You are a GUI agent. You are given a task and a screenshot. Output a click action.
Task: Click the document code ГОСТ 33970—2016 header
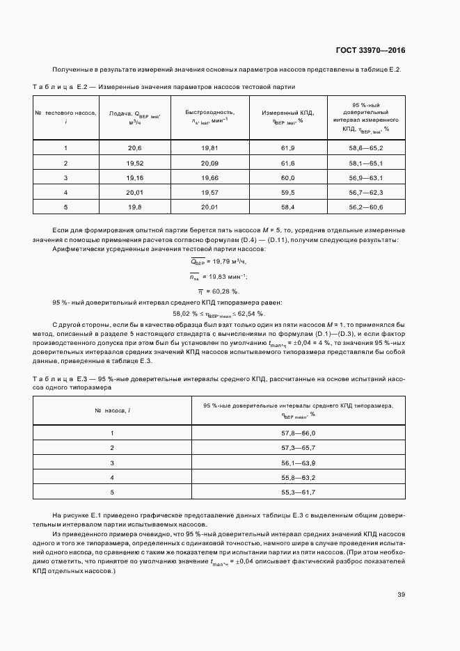pyautogui.click(x=371, y=51)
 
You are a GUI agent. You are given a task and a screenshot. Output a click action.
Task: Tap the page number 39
pyautogui.click(x=401, y=595)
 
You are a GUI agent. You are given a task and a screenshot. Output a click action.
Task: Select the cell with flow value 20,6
pyautogui.click(x=134, y=149)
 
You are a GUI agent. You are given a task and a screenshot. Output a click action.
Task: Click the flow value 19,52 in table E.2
pyautogui.click(x=134, y=163)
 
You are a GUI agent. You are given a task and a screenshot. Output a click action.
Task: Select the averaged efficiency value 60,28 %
pyautogui.click(x=219, y=291)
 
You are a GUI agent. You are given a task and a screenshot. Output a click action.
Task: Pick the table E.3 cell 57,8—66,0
pyautogui.click(x=299, y=434)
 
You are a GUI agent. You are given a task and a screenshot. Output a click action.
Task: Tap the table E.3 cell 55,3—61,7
pyautogui.click(x=299, y=492)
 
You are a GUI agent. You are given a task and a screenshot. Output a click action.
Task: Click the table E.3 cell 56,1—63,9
pyautogui.click(x=299, y=463)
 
